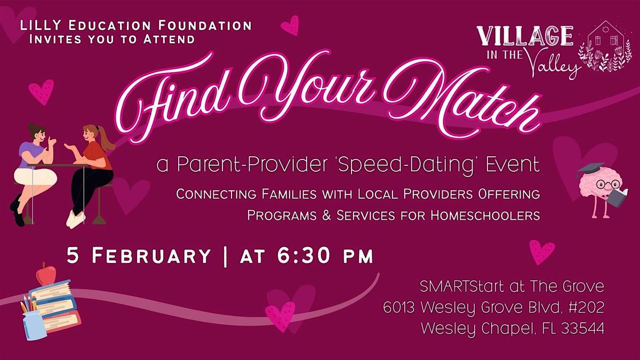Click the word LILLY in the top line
pos(41,26)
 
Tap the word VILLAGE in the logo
pos(525,36)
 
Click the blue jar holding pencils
pos(34,326)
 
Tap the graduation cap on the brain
pos(591,169)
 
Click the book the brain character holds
pos(617,197)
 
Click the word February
pos(151,255)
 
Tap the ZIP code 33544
pos(582,329)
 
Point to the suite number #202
pos(587,307)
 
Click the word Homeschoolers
pos(485,215)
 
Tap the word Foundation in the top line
pos(205,26)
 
